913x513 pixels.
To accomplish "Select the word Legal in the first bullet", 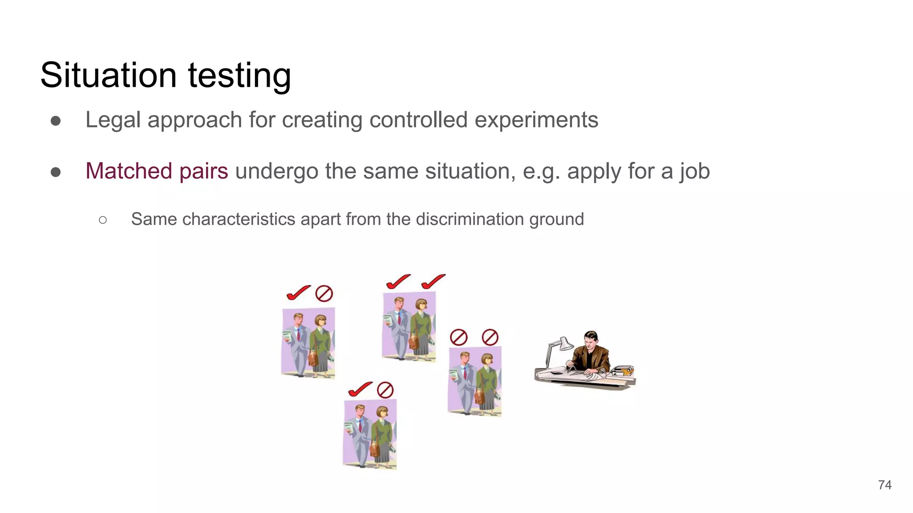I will [113, 120].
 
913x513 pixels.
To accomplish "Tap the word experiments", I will [536, 120].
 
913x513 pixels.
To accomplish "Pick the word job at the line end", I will [695, 171].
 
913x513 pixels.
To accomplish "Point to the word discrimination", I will [470, 219].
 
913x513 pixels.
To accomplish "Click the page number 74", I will [884, 485].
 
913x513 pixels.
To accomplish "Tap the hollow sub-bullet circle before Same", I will [103, 220].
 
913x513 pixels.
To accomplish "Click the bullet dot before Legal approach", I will [56, 121].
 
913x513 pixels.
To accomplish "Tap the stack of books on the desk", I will [623, 371].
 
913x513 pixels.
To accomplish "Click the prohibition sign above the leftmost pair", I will [324, 294].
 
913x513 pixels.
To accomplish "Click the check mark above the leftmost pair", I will [298, 293].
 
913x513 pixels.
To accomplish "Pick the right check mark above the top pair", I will [433, 281].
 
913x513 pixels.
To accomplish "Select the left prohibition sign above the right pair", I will [458, 338].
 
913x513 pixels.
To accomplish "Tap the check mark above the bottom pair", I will [360, 389].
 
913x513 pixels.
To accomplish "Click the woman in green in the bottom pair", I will [382, 436].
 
